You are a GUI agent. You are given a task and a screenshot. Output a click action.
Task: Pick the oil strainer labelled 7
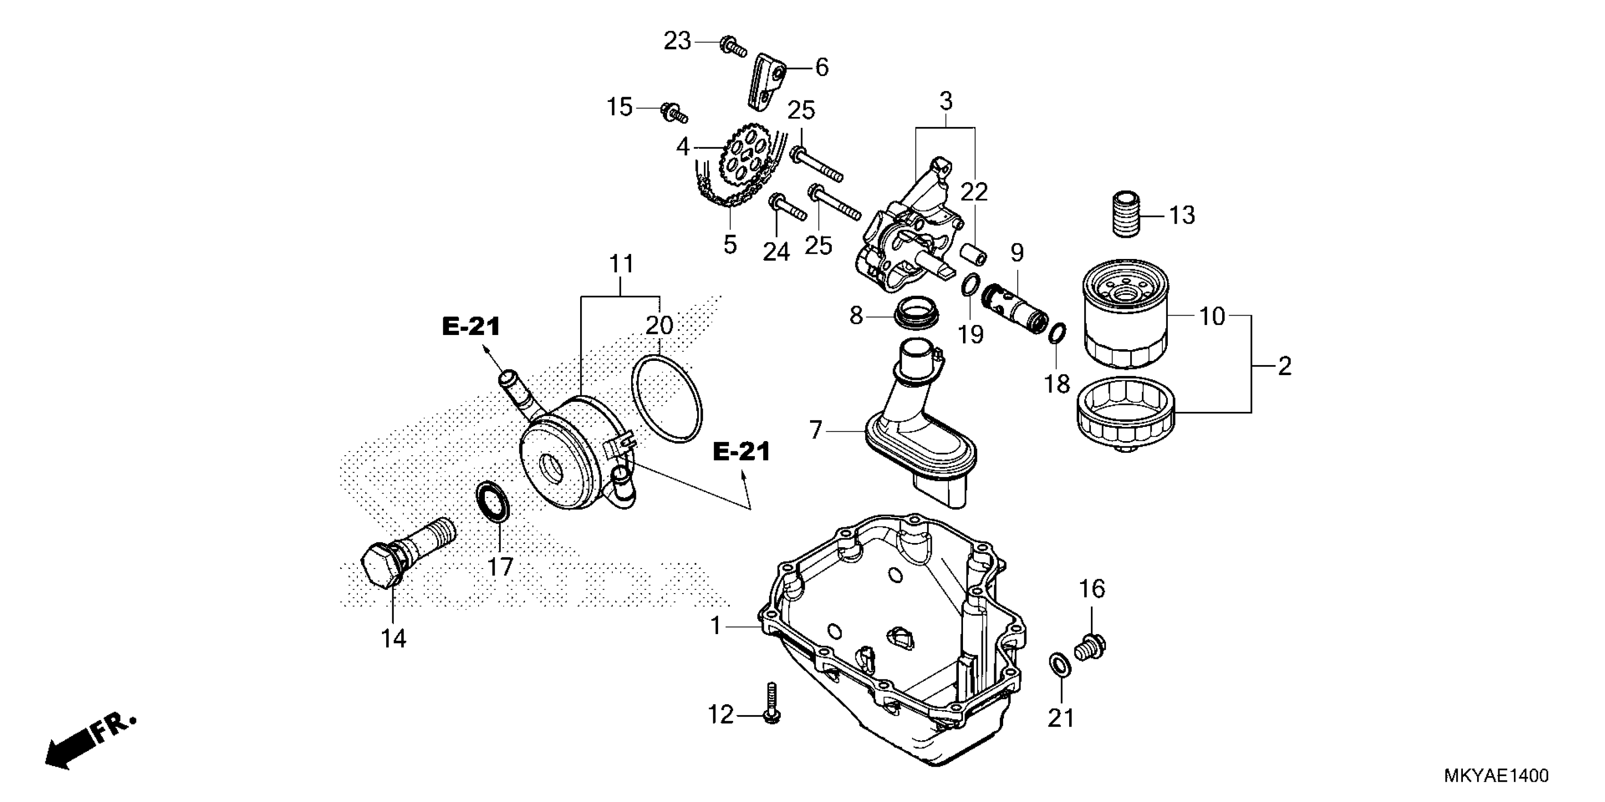pyautogui.click(x=922, y=436)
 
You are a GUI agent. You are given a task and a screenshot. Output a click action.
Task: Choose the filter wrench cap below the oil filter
pyautogui.click(x=1124, y=414)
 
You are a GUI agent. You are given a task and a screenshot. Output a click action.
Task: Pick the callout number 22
pyautogui.click(x=974, y=192)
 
